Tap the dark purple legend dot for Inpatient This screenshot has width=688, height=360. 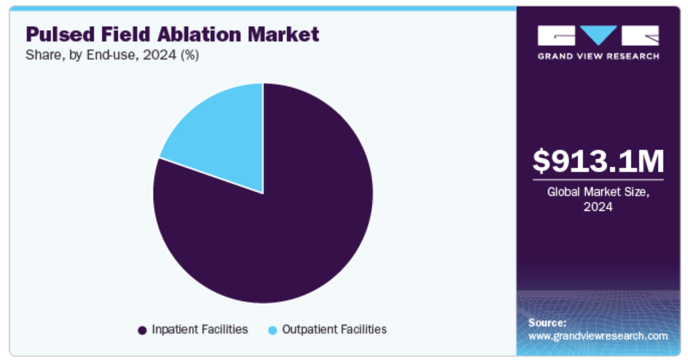click(x=142, y=330)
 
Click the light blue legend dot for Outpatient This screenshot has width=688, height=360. click(x=272, y=330)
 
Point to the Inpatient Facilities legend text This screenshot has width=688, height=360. click(x=199, y=329)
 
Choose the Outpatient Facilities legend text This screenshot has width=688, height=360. click(x=335, y=329)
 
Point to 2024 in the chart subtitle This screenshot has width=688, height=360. click(x=160, y=55)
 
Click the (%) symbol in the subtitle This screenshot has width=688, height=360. click(x=189, y=56)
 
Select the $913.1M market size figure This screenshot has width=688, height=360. click(x=598, y=161)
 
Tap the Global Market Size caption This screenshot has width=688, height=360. click(x=598, y=192)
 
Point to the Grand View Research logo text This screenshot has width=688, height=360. click(x=598, y=56)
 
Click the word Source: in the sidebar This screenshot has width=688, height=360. click(x=547, y=323)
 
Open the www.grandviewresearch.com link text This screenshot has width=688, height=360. click(x=598, y=336)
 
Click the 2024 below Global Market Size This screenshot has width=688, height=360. click(x=598, y=207)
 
